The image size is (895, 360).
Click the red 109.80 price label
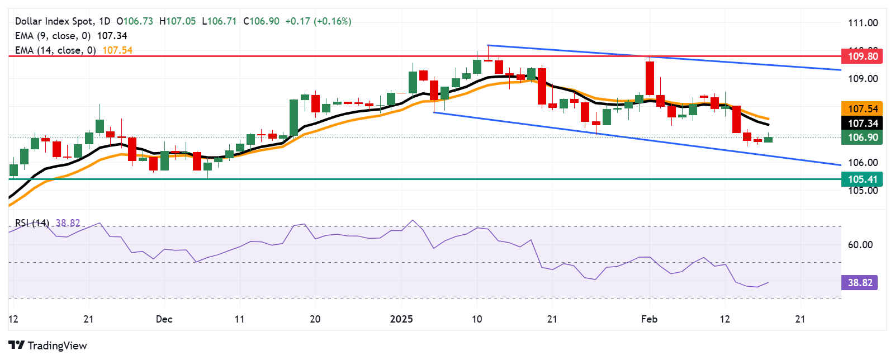(863, 56)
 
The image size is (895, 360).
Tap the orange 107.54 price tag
(863, 108)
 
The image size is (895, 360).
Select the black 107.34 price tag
(863, 123)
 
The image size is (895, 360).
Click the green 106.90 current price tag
(863, 138)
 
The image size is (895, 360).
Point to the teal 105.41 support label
(863, 179)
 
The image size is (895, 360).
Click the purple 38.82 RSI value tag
(859, 283)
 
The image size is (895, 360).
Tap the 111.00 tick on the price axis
(863, 23)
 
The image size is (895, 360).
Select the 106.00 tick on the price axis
(863, 163)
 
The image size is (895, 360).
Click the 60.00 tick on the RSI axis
(860, 244)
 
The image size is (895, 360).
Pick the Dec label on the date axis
(164, 319)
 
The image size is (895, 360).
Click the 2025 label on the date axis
(401, 319)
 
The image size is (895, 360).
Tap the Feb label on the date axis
(649, 319)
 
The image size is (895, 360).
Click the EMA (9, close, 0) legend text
(53, 36)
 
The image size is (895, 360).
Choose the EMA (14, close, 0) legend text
(55, 50)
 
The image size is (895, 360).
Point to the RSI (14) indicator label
(32, 223)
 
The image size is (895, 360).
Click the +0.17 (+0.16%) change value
(318, 21)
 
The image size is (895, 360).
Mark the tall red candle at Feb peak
(650, 78)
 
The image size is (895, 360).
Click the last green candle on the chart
(768, 139)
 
